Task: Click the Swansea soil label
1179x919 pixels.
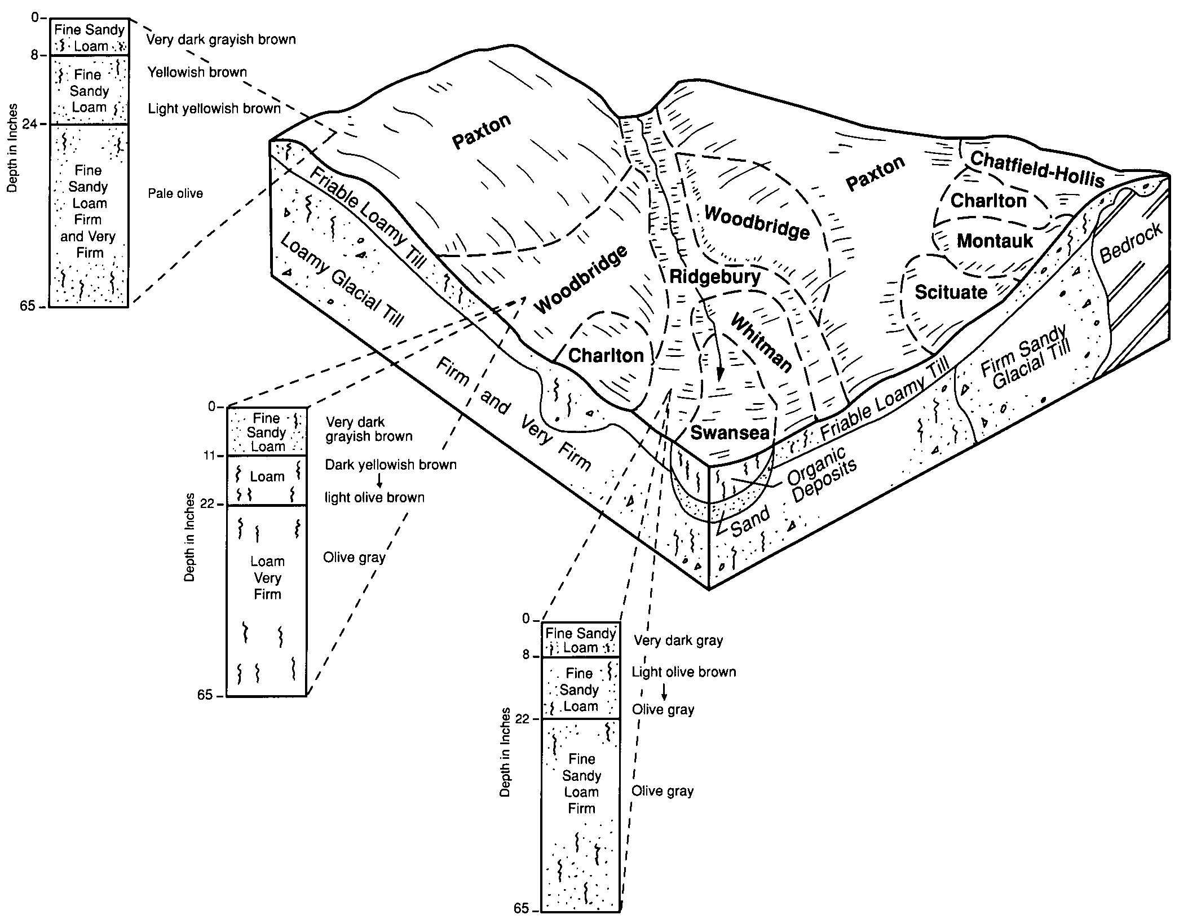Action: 730,432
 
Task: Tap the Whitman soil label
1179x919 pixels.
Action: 761,343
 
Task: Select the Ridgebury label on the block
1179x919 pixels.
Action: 715,277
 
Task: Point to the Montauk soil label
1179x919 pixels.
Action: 995,241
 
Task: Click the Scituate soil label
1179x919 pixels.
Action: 951,292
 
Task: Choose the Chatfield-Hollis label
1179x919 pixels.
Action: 1036,169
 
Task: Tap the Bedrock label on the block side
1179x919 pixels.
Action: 1131,243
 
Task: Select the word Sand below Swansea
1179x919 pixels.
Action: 750,522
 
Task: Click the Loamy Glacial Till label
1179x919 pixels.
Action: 342,280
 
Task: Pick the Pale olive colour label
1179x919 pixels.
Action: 175,194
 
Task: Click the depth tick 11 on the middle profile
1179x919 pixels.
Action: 210,456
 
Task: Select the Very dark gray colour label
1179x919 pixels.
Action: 678,640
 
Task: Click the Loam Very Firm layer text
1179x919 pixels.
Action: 267,578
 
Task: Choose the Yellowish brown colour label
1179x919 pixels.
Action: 197,72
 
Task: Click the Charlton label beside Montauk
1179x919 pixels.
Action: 988,201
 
